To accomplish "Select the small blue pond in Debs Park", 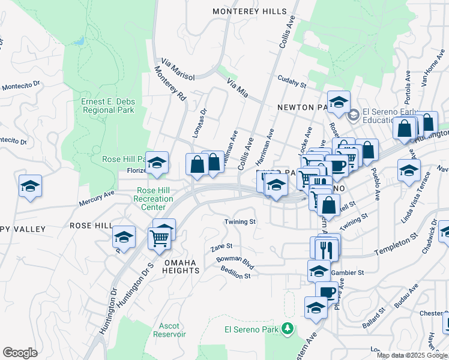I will (x=79, y=41).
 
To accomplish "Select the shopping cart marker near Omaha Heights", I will (x=159, y=238).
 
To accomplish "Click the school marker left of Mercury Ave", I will (x=30, y=186).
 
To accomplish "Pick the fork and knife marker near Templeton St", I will (x=326, y=248).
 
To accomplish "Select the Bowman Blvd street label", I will (x=235, y=263).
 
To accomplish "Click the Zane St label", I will (x=221, y=247).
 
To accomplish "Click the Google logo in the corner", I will (x=20, y=352).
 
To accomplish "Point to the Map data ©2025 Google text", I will (x=412, y=355).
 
